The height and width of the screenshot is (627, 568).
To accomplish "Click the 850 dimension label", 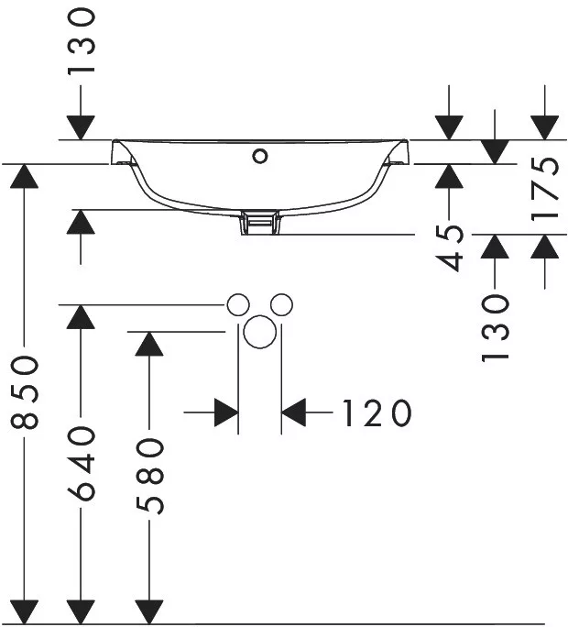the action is click(25, 392).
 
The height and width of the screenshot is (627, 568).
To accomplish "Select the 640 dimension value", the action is click(82, 464).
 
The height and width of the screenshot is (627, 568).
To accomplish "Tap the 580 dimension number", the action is click(149, 476).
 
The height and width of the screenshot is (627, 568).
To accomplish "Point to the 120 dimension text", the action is click(377, 412).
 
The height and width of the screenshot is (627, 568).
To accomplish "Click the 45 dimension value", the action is click(450, 248).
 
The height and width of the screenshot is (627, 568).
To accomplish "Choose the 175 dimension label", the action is click(544, 188).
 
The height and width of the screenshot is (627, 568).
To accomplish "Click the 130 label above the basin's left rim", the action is click(82, 42).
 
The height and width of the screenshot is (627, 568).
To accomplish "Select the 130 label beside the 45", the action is click(495, 328).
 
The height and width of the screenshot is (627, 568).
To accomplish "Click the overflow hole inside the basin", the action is click(260, 156).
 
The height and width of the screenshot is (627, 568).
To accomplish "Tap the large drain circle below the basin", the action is click(260, 332).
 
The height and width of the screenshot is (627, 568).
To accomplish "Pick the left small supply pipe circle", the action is click(238, 304).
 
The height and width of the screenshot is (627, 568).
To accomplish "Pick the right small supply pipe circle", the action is click(281, 304).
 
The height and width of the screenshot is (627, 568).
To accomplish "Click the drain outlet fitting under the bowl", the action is click(260, 223).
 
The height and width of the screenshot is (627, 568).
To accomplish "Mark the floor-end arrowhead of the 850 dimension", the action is click(25, 611).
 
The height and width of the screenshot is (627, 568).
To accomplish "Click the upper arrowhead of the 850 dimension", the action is click(25, 176).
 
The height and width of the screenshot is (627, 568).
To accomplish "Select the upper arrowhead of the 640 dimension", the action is click(82, 316).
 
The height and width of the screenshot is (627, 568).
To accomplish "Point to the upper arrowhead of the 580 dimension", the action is click(149, 344).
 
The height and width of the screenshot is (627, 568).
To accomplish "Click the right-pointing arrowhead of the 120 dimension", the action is click(226, 412).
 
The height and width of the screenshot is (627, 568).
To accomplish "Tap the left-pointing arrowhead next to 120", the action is click(294, 412).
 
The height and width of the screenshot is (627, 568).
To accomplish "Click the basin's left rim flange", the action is click(121, 152).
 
